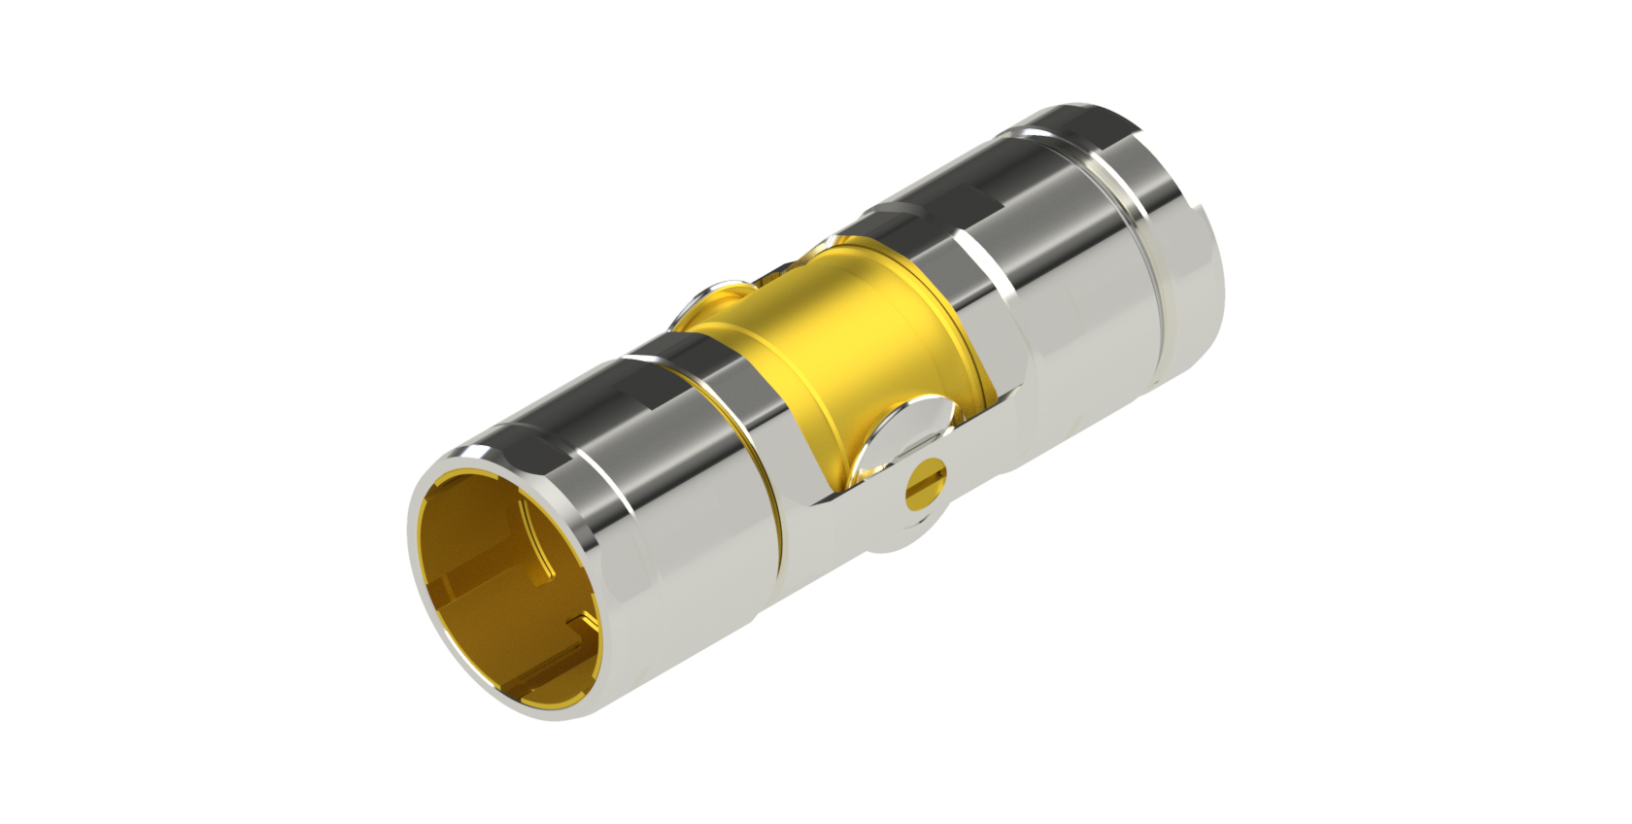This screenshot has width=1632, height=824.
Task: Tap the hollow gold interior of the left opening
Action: (486, 554)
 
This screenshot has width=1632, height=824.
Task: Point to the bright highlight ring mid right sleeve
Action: (991, 262)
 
